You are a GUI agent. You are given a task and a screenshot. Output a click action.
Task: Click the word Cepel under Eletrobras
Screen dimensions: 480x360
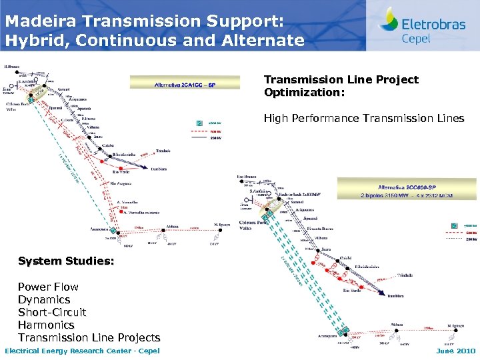(416, 38)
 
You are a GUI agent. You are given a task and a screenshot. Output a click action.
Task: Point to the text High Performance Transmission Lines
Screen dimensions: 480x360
(363, 119)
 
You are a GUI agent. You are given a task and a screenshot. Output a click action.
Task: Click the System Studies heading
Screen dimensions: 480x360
(66, 261)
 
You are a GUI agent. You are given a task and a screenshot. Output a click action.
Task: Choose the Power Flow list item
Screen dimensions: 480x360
(48, 287)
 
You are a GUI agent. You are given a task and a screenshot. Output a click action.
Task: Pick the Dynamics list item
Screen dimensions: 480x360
(44, 299)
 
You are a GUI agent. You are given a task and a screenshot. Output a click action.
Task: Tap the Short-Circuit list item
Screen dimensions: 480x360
(52, 312)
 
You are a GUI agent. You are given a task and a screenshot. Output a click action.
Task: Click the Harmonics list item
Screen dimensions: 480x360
(46, 325)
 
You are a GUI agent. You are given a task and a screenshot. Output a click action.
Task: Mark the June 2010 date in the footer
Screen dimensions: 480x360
(455, 351)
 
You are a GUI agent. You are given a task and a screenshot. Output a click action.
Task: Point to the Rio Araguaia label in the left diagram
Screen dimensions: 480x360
(121, 183)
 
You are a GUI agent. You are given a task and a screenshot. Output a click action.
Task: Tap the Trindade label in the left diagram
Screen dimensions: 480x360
(163, 151)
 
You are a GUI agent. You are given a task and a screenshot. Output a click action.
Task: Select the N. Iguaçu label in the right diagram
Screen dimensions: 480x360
(453, 325)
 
